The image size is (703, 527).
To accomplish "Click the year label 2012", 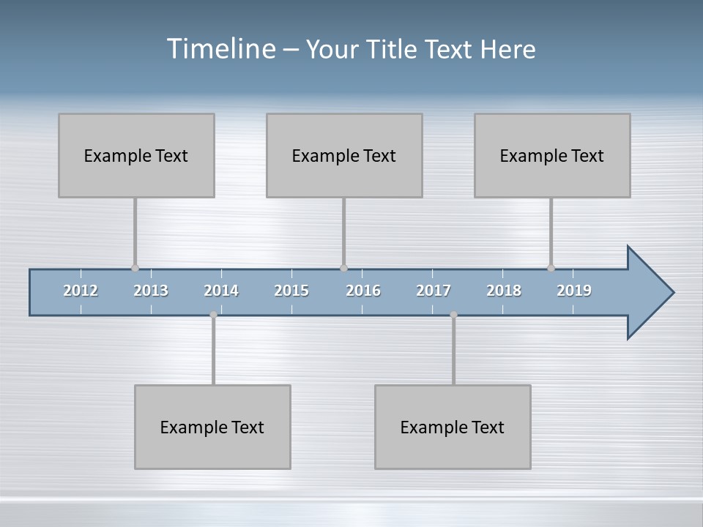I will pos(81,291).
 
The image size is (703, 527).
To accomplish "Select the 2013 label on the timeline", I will pos(151,291).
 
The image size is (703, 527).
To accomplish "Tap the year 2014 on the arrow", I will pos(221,291).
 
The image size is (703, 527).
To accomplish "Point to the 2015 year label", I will pos(291,291).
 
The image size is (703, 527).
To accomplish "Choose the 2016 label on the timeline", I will pos(363,291).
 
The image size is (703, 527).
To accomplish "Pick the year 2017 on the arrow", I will pos(434,291).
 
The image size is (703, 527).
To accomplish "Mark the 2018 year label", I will pos(504,291).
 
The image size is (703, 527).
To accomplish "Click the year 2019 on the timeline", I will pos(574,291).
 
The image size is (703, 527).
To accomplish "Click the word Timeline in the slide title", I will pos(220,48).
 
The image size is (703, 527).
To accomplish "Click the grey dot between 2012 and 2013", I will pos(135,268).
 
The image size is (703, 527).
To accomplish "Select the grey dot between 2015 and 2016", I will pos(343,268).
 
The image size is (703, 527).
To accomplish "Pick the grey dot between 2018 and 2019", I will pos(551,268).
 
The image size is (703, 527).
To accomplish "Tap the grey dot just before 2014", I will pos(213,315).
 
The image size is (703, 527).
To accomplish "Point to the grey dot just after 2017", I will pos(453,315).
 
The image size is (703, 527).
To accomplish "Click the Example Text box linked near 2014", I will pos(212,427).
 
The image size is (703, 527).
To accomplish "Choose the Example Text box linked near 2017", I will pos(453,427).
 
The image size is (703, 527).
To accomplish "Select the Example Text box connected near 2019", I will pos(552,155).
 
